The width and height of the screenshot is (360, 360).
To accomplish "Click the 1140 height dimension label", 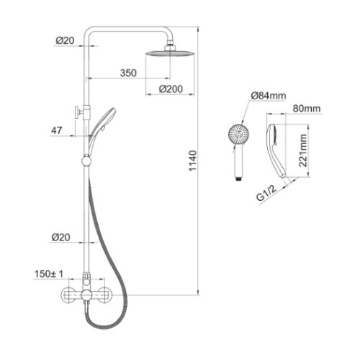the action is coord(193,161).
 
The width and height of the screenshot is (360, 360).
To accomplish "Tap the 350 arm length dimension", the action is coord(128,73).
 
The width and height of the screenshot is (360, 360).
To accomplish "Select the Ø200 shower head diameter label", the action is coord(171,89).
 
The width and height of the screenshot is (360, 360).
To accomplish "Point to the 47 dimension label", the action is coord(57,130).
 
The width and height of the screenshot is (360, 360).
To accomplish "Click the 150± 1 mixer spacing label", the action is coord(49,274).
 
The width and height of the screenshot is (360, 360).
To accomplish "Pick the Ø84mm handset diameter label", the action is coord(269,96).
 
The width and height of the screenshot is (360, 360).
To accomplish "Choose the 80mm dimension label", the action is coord(307,109).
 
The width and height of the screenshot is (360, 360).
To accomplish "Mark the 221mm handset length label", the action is coord(303,150).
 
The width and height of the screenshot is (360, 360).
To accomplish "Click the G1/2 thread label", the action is coord(266,193).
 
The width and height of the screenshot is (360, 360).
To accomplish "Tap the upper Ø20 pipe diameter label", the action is coord(65,40).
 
